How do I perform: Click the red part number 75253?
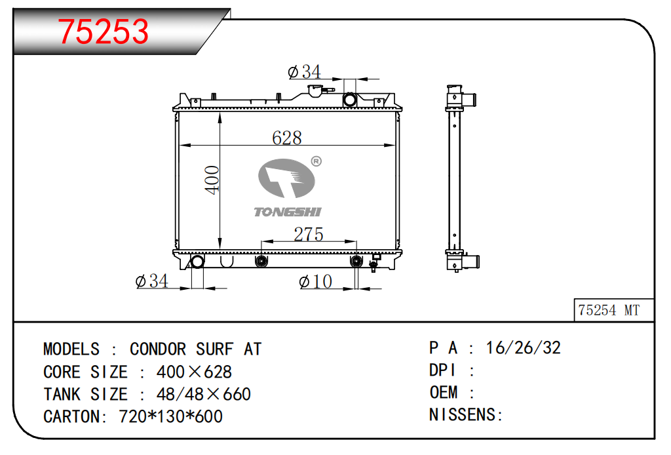103,31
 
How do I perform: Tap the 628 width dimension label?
287,138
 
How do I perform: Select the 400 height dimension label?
212,180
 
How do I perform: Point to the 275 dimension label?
308,234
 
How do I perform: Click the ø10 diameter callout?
316,282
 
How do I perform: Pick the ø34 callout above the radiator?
304,72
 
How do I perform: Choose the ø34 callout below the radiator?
152,281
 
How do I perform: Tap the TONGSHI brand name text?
288,212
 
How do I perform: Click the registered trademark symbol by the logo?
316,161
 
